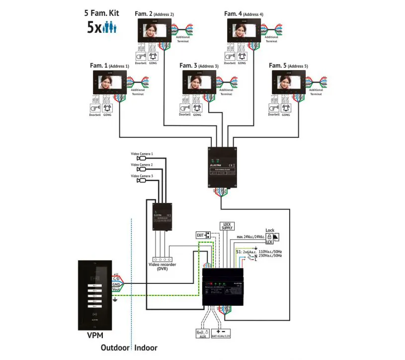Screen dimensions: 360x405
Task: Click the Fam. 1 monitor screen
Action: pos(110,82)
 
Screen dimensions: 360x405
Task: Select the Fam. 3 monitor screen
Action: pos(200,82)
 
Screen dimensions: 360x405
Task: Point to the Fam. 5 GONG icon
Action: pos(287,108)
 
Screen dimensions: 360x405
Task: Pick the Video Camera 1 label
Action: pos(142,154)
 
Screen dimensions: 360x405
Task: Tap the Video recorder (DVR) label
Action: pos(162,267)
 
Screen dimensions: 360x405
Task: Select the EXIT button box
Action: pos(201,234)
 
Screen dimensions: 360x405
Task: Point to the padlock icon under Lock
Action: pos(270,237)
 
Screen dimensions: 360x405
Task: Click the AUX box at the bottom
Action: pos(203,333)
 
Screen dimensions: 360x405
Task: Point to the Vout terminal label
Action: pos(116,289)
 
